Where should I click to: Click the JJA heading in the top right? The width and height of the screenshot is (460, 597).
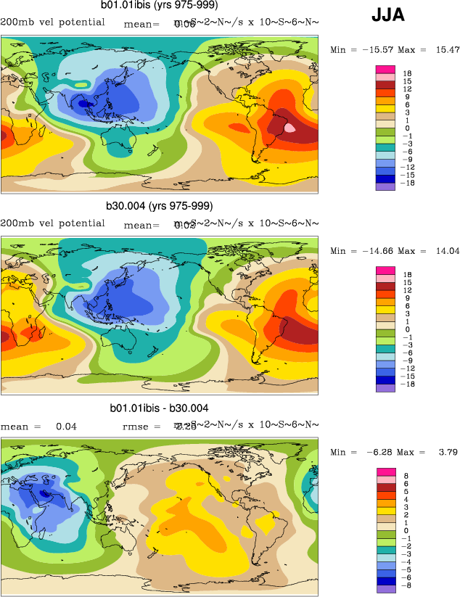[x=388, y=15]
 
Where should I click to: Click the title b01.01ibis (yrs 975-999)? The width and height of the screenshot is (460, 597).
[x=160, y=6]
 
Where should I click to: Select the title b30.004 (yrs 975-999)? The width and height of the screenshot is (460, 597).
[x=160, y=206]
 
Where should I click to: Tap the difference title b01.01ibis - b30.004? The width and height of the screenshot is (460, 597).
[x=160, y=408]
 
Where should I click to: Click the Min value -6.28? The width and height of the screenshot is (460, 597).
[x=376, y=452]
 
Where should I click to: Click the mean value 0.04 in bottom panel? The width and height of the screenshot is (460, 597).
[x=66, y=427]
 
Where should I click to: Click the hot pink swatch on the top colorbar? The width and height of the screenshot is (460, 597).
[x=385, y=69]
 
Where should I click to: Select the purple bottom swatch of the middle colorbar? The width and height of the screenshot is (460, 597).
[x=385, y=388]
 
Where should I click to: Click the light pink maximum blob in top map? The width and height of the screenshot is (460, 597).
[x=290, y=127]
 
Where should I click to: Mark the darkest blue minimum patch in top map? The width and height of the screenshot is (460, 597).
[x=85, y=104]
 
